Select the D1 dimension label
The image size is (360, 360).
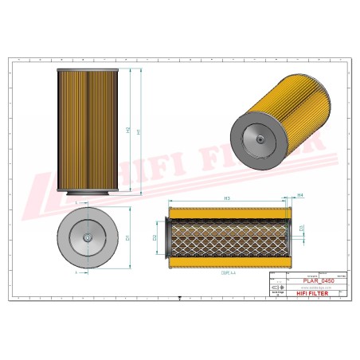127,237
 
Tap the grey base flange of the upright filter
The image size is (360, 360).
86,193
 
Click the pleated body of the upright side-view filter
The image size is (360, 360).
86,127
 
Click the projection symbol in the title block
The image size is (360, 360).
280,291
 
